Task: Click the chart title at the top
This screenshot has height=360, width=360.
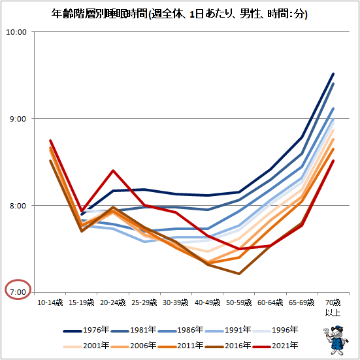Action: coord(180,14)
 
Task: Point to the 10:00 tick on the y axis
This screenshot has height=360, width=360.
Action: coord(18,32)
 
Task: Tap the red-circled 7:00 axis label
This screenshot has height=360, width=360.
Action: coord(18,291)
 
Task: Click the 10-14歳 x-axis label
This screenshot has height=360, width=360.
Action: coord(50,303)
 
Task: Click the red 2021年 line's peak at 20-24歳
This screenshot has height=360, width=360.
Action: coord(113,171)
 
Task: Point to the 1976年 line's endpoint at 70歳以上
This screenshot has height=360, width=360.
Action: coord(333,74)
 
